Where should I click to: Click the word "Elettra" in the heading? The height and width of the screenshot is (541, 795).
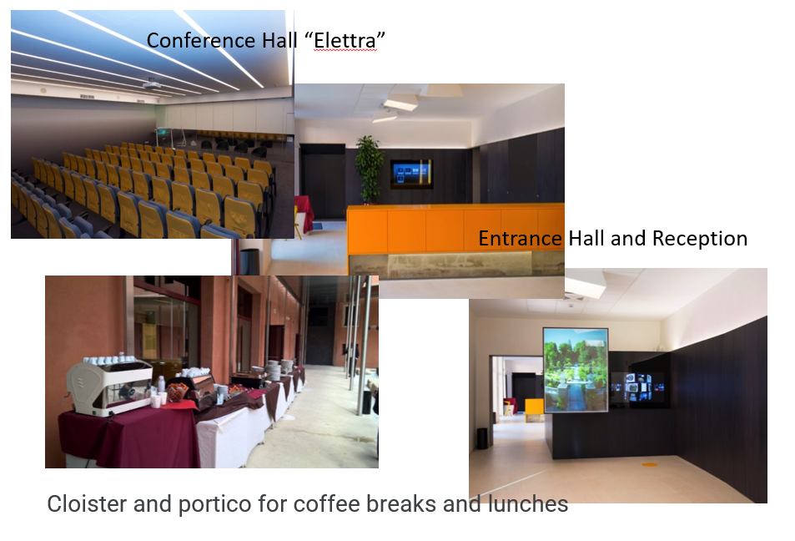click(x=345, y=41)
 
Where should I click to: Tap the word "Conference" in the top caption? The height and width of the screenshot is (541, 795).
click(x=201, y=41)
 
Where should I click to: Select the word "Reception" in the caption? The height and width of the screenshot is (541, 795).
click(x=700, y=239)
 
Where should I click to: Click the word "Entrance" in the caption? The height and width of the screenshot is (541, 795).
click(x=520, y=239)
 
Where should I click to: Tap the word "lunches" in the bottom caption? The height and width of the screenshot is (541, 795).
click(x=528, y=504)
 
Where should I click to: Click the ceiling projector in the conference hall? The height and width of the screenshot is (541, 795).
click(x=151, y=84)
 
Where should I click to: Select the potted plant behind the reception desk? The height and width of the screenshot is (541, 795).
click(x=369, y=169)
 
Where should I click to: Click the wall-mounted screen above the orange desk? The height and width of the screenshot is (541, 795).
click(x=411, y=174)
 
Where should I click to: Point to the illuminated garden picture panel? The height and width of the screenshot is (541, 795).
click(x=576, y=370)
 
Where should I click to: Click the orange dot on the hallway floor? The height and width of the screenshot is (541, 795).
click(x=650, y=464)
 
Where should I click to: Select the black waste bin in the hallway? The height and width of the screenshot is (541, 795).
click(x=482, y=438)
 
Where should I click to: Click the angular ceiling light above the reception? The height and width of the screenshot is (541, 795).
click(x=400, y=102)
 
